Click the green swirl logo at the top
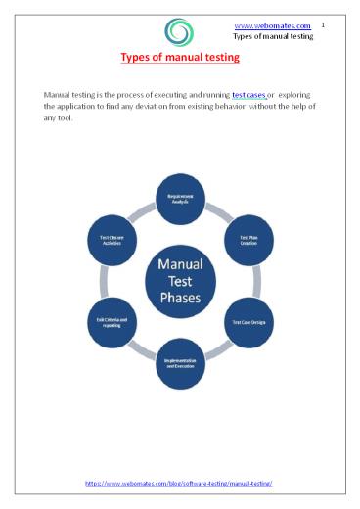coord(179,32)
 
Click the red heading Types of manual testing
coord(179,59)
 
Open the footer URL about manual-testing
coord(179,484)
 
